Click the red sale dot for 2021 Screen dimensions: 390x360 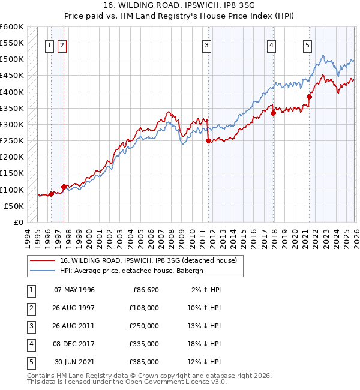click(310, 97)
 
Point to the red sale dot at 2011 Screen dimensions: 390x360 click(208, 141)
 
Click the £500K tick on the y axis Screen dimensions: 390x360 click(12, 59)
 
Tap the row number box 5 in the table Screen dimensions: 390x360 click(31, 362)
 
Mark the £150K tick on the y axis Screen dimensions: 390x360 click(12, 173)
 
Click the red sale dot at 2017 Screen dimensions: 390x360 click(273, 113)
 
